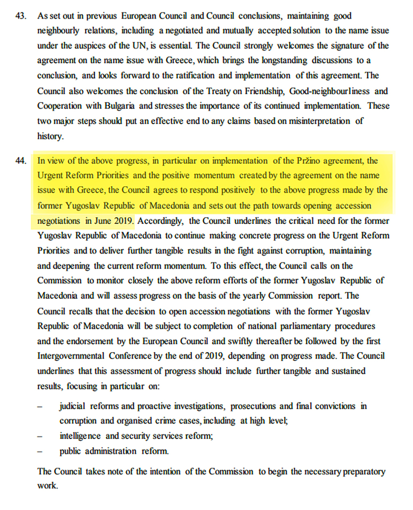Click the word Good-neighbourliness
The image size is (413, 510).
326,91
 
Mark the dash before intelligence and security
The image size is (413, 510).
40,436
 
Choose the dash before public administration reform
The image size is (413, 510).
40,451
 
